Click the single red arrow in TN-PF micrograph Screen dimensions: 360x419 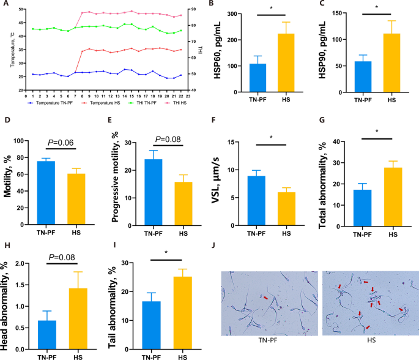click(265, 298)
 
